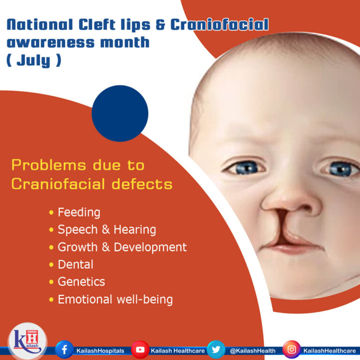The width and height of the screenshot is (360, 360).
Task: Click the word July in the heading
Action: tap(33, 61)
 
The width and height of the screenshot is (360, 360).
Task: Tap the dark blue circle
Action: tap(120, 113)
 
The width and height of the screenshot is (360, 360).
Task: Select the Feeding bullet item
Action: tap(79, 212)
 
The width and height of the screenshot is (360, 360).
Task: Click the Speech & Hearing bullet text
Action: tap(106, 230)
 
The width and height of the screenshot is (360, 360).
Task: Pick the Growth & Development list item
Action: tap(122, 247)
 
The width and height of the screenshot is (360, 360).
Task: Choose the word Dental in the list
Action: tap(75, 264)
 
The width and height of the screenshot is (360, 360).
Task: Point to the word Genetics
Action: tap(81, 282)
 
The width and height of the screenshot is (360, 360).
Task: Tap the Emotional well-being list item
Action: tap(115, 299)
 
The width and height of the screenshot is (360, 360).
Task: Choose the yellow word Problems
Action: tap(48, 165)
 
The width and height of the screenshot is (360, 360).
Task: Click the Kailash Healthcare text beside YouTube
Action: tap(176, 351)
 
